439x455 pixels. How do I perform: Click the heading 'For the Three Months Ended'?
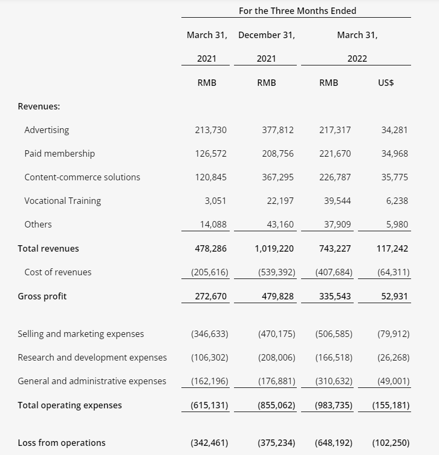point(297,11)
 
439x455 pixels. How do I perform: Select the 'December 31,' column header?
point(266,35)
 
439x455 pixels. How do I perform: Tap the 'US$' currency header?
point(386,83)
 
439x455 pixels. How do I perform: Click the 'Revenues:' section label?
point(39,106)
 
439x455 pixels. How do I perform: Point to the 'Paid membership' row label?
point(60,153)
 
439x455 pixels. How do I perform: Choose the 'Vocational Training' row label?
point(63,201)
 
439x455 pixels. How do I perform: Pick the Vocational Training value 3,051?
point(215,201)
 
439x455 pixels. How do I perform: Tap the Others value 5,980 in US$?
point(397,224)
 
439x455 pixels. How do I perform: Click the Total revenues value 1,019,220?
point(274,248)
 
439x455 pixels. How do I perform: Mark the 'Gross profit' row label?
point(42,296)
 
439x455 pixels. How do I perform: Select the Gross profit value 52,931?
point(394,296)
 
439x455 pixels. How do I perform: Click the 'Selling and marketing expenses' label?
point(81,334)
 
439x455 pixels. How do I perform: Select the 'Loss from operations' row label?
point(62,443)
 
